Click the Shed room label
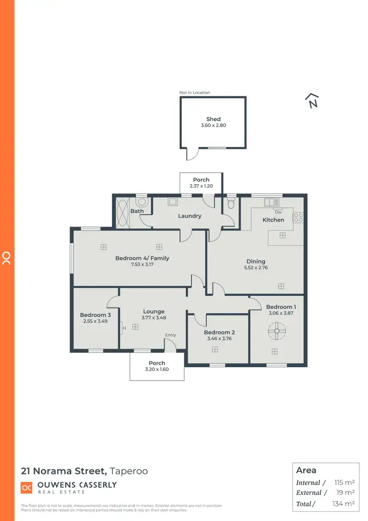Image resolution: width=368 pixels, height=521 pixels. (213, 119)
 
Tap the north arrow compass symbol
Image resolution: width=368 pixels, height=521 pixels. (312, 101)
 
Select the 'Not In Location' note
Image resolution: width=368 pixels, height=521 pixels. (195, 92)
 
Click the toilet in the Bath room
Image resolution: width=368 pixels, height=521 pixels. (142, 201)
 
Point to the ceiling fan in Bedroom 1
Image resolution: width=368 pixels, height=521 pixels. (277, 332)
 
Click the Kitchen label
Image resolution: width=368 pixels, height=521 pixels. (273, 219)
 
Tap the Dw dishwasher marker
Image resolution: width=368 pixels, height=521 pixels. (278, 212)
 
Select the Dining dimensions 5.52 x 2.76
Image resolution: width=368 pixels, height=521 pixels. (256, 268)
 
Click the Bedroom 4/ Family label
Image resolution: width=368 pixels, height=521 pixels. (142, 258)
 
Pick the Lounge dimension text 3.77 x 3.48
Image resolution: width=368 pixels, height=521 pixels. (154, 318)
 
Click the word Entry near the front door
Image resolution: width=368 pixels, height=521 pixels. (170, 335)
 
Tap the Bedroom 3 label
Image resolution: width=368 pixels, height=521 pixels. (96, 315)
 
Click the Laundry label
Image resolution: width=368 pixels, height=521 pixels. (189, 216)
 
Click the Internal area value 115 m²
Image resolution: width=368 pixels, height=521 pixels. (344, 483)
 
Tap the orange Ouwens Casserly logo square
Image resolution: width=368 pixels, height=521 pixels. (26, 488)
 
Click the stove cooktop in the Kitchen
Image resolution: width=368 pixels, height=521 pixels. (298, 217)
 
